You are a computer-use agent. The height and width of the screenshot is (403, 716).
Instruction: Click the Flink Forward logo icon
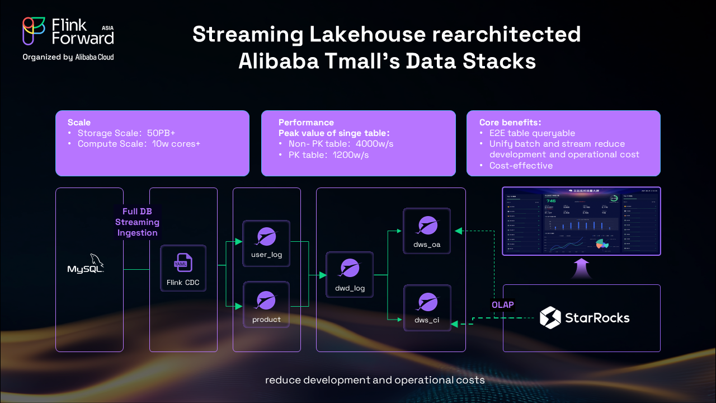point(34,31)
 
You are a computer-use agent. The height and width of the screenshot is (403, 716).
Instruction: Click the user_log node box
point(266,242)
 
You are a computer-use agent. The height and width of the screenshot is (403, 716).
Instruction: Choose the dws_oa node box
point(427,231)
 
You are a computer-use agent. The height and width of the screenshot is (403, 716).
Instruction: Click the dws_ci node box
point(427,307)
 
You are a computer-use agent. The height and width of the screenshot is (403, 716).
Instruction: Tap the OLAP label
point(502,305)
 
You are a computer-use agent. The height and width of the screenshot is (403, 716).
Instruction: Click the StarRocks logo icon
point(550,318)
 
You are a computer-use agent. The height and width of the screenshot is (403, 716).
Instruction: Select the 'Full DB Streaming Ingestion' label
point(137,222)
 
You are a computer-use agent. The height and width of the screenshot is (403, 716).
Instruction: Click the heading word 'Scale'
point(79,122)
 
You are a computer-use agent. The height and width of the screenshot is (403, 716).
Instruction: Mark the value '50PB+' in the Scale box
point(161,133)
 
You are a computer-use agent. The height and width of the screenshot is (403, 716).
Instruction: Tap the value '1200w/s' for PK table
point(351,154)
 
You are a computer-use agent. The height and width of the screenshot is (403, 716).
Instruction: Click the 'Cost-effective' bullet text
point(521,165)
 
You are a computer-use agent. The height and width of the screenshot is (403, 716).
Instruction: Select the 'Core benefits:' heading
point(510,122)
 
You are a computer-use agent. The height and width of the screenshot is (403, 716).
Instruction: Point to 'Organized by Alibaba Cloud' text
point(68,57)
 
